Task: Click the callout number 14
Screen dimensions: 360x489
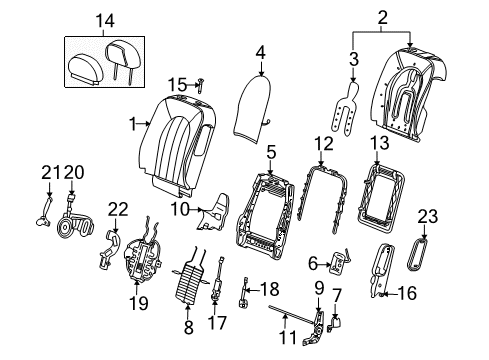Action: tap(106, 19)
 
